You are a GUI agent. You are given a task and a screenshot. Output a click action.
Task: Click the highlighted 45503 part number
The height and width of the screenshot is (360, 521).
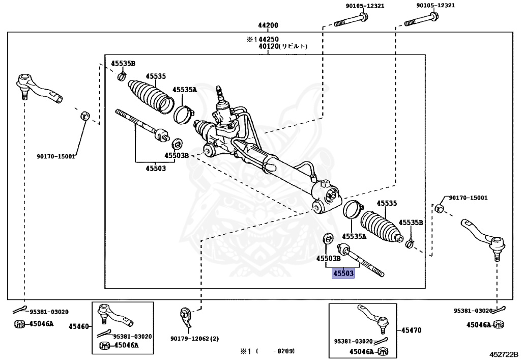point(343,273)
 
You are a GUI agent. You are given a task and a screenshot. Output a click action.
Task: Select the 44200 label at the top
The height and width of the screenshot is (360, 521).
point(268,25)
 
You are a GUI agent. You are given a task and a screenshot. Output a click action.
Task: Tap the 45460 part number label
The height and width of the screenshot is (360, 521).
point(79,326)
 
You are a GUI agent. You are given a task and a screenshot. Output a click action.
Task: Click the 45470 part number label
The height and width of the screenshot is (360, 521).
point(411,330)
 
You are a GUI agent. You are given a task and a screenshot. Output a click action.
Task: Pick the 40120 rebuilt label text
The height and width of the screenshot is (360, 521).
point(283,46)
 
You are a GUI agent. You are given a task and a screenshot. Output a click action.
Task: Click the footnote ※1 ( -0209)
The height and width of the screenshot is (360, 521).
point(268,351)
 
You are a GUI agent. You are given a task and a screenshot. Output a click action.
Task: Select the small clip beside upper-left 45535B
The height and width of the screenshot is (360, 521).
point(122,77)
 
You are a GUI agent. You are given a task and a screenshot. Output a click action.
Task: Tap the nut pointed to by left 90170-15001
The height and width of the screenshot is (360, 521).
point(85,116)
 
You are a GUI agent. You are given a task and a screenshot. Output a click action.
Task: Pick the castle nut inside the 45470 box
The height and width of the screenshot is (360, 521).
point(384,351)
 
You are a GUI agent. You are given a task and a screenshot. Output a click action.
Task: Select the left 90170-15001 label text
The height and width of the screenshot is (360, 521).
point(56,156)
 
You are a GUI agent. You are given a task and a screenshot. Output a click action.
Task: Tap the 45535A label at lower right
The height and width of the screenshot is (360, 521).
point(355,236)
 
